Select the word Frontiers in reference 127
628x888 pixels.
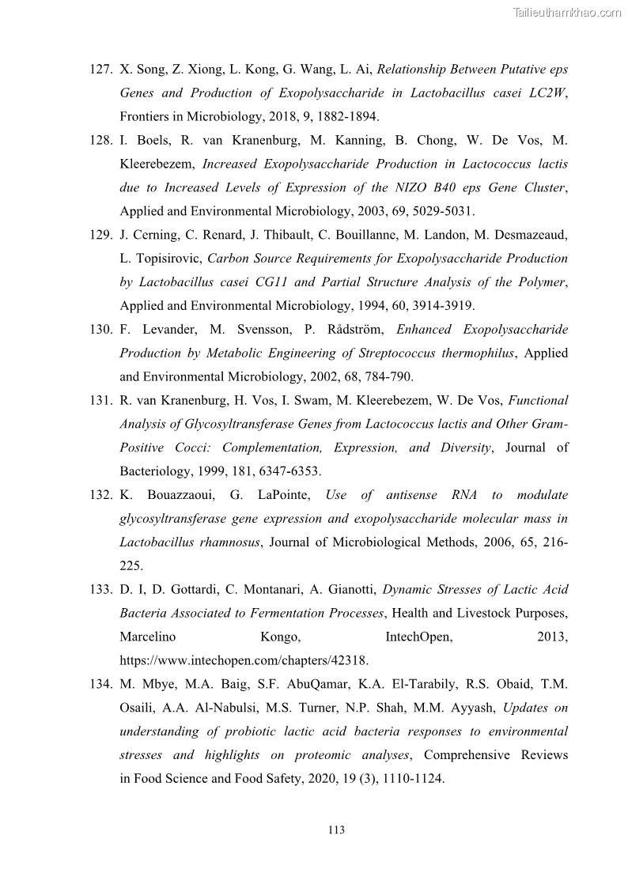[x=146, y=117]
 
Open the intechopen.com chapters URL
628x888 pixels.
[x=244, y=660]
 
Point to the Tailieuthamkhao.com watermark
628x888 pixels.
[x=567, y=11]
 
